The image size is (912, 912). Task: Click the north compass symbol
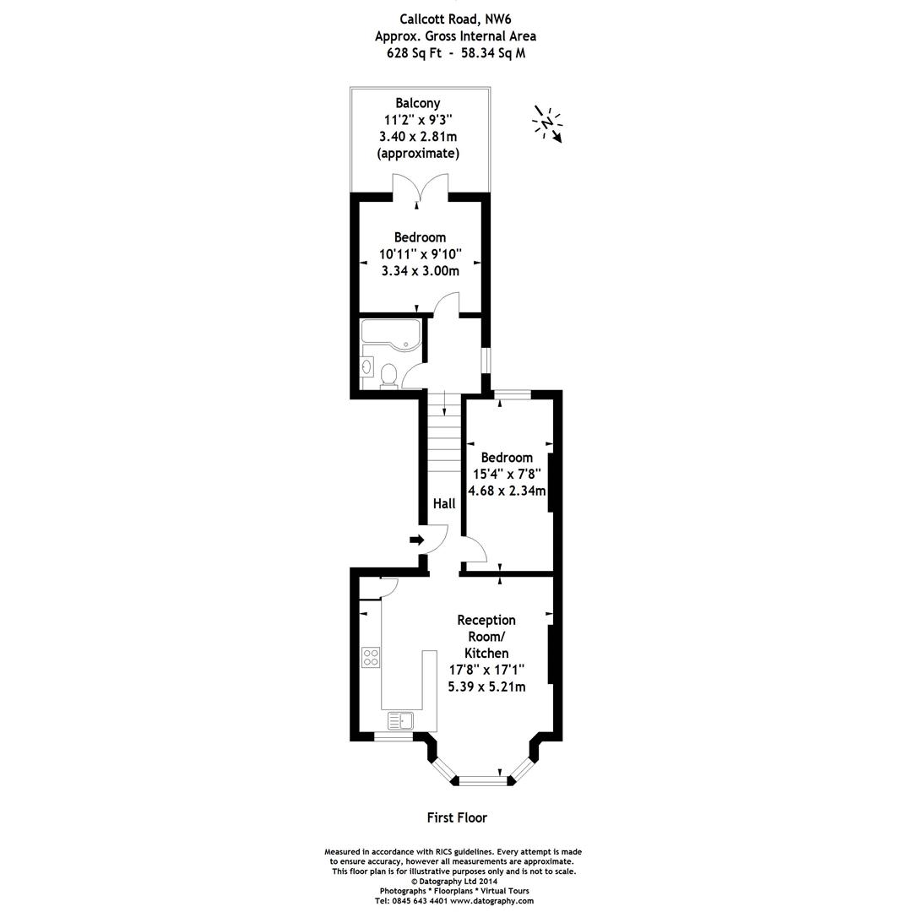[547, 124]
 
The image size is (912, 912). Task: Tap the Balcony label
[418, 103]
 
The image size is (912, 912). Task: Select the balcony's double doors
[420, 187]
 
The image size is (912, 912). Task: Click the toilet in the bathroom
[389, 374]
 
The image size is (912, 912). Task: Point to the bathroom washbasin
[366, 366]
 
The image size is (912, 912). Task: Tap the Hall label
[444, 503]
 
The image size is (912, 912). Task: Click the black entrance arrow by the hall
[416, 540]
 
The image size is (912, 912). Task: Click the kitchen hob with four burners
[371, 657]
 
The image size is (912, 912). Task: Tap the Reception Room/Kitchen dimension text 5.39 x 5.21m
[486, 687]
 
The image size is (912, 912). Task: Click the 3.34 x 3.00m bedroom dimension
[420, 271]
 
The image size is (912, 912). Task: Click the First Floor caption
[456, 817]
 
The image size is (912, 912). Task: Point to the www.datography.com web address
[491, 901]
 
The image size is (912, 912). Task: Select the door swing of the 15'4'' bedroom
[476, 551]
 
